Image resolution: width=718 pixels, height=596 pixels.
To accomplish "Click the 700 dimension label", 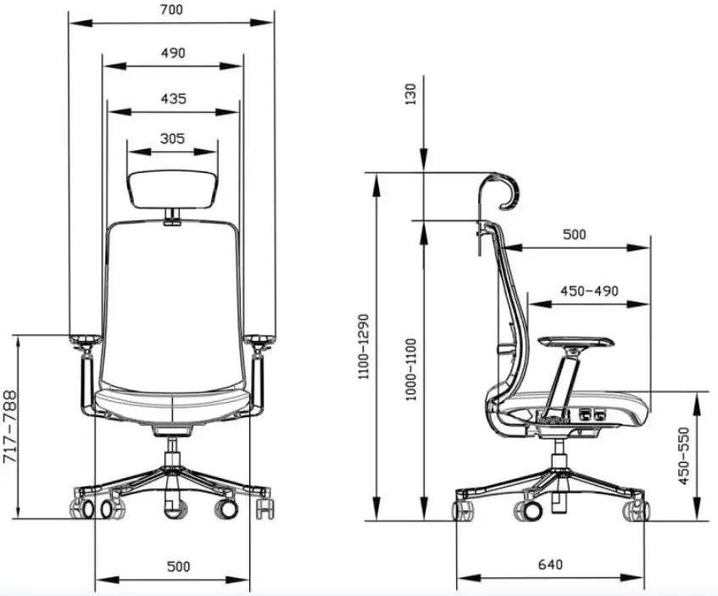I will coord(171,10).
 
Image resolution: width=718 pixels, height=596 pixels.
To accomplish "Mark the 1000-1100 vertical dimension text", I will coord(412,370).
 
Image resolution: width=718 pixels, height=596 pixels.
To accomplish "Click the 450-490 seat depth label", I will coord(588,291).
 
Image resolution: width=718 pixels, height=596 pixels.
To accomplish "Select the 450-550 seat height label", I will coord(684,456).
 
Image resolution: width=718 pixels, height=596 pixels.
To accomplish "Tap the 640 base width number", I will coord(549,565).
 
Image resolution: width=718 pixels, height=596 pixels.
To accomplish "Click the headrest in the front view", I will coord(173,187).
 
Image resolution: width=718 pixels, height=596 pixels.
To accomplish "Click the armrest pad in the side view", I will coord(576,339).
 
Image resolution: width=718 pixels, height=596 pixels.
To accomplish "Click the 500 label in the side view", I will coord(574,235).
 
